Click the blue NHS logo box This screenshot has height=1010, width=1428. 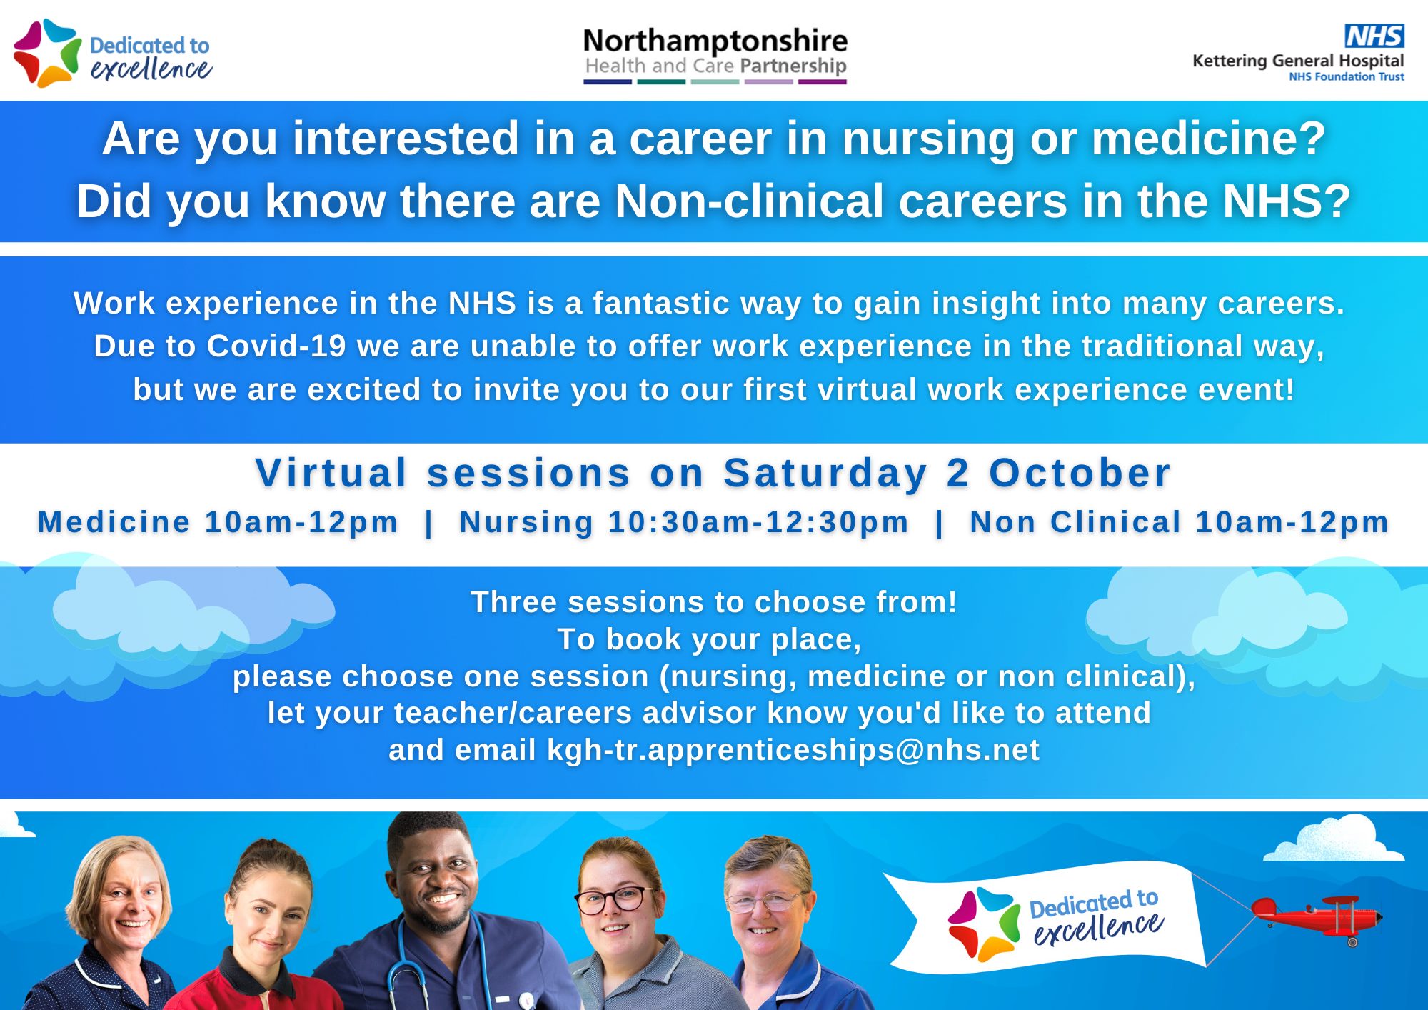coord(1374,36)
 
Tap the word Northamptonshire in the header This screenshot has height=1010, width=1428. coord(715,41)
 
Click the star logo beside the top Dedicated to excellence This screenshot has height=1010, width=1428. coord(47,53)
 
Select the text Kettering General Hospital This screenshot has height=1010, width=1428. coord(1298,61)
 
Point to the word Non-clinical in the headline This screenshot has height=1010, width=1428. coord(749,201)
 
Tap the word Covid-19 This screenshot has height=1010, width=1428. coord(277,346)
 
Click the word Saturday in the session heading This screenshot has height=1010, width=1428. coord(825,474)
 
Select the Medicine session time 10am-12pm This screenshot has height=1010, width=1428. coord(301,523)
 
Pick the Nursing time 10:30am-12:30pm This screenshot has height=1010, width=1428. coord(758,523)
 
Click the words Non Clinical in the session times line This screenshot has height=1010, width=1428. coord(1075,522)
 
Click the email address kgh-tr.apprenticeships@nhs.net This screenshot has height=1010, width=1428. coord(793,751)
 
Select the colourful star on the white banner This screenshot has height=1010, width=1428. coord(984,924)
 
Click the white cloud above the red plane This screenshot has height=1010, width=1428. coord(1334,840)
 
